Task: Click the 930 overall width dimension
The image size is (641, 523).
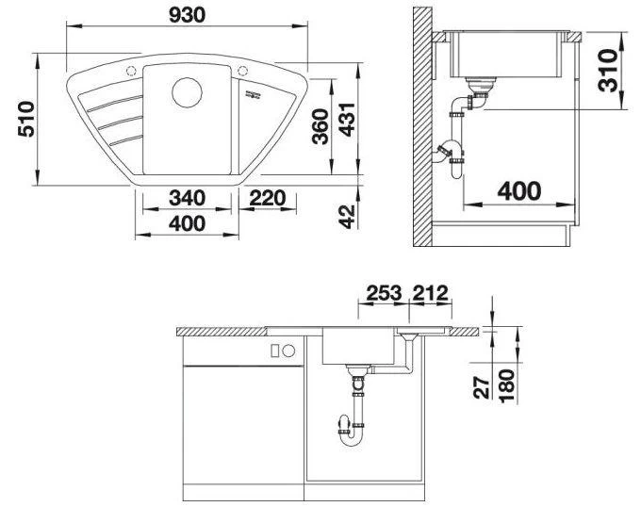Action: [x=189, y=14]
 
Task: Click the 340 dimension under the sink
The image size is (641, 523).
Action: [x=188, y=199]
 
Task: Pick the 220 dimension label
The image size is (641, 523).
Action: [x=269, y=199]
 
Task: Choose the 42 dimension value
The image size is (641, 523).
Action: [x=348, y=216]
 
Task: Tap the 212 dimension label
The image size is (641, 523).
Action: [x=429, y=292]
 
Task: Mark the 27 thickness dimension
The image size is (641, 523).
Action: [x=484, y=386]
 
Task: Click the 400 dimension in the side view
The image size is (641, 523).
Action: [x=518, y=191]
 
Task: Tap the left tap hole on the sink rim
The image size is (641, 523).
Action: [x=132, y=71]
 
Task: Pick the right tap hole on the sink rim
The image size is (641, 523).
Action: [x=244, y=71]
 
